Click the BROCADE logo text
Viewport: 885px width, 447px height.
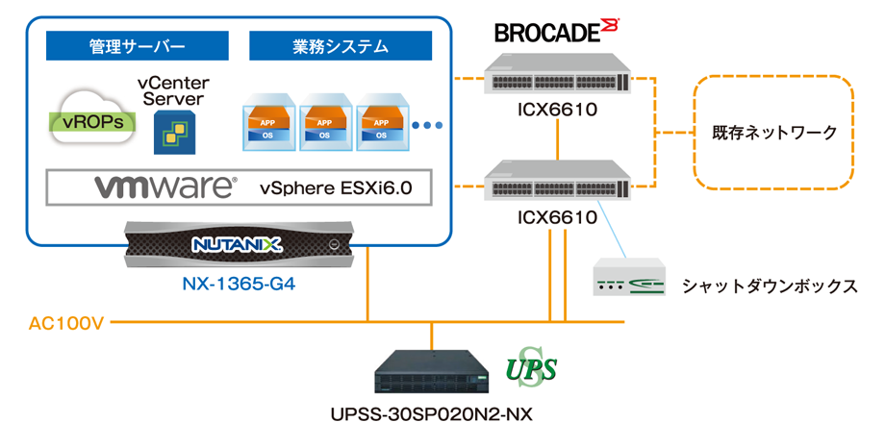[548, 32]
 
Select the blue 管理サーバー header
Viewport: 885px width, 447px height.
[137, 46]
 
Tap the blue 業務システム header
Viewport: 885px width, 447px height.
[340, 46]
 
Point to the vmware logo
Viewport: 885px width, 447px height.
[164, 186]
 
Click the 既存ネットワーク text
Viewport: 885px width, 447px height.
[774, 132]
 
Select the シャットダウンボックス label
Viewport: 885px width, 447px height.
[769, 286]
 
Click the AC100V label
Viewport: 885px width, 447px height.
[65, 324]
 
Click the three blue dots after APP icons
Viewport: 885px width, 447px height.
[427, 125]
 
